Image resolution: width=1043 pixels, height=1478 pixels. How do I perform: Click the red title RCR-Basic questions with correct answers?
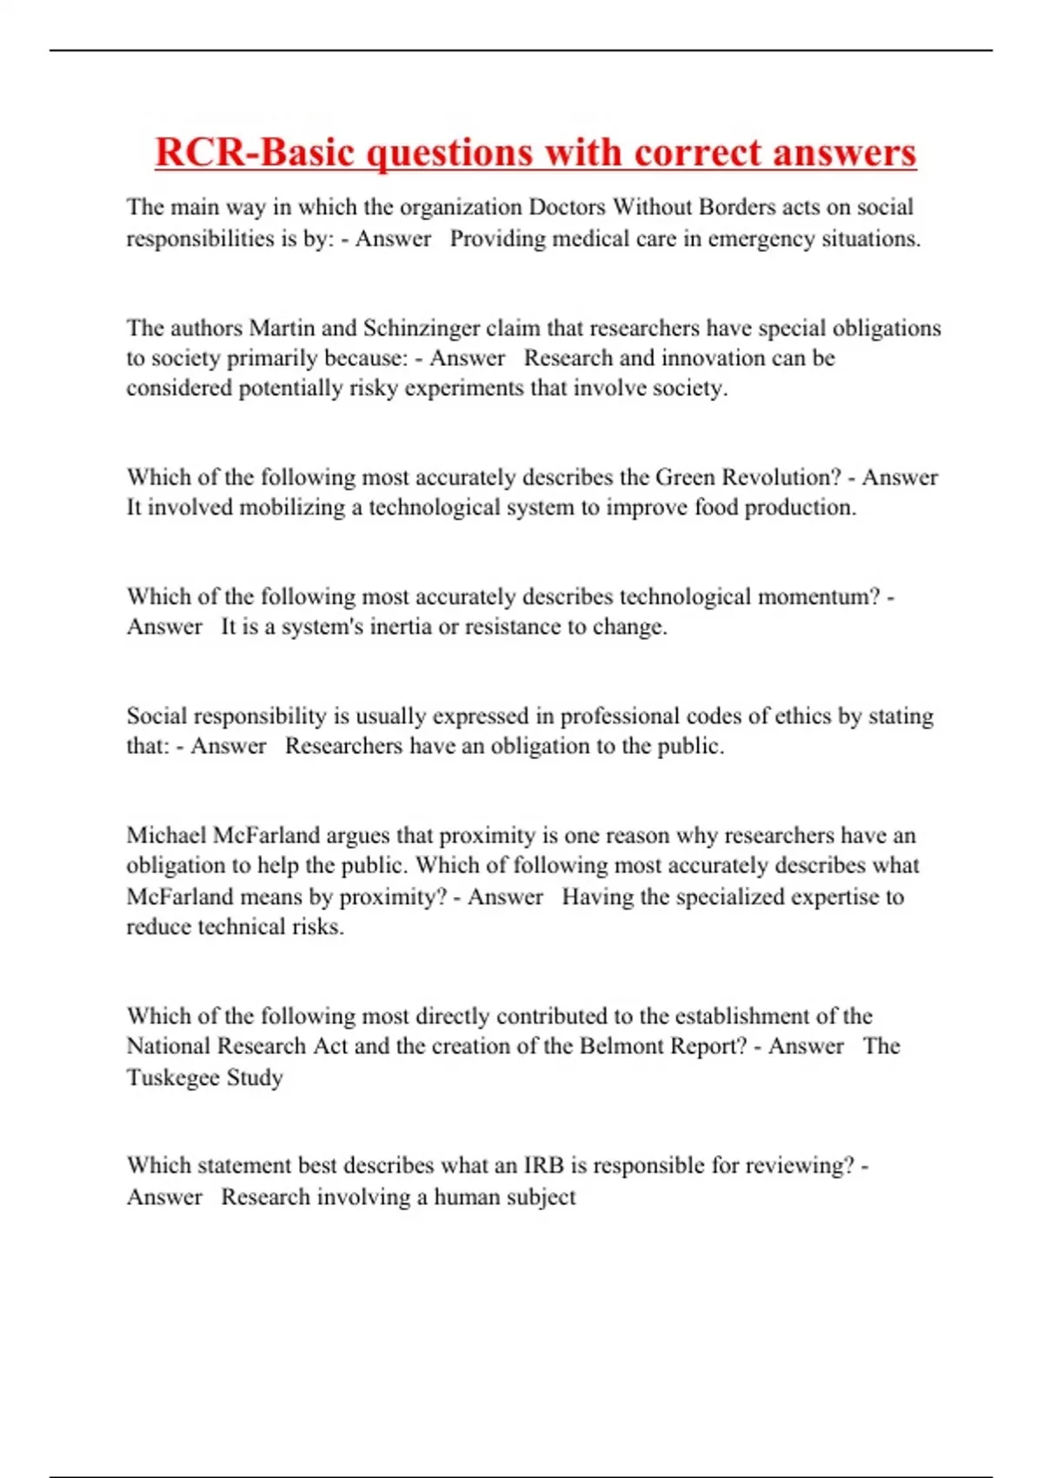tap(535, 153)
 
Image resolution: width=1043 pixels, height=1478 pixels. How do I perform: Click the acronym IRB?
tap(543, 1166)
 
